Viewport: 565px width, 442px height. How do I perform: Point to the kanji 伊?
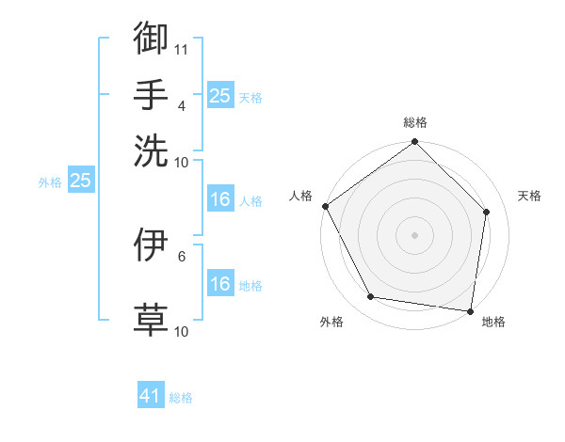point(151,245)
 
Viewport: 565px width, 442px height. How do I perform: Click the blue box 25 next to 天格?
point(219,96)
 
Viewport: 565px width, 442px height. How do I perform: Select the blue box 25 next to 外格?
point(80,181)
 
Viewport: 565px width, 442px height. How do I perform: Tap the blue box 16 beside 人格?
point(219,199)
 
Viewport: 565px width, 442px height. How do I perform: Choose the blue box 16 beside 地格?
point(219,284)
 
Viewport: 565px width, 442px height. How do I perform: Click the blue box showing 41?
point(151,397)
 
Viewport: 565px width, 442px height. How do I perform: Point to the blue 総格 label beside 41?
point(181,398)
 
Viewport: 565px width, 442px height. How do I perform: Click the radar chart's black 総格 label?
point(415,122)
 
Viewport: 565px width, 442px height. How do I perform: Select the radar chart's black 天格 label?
point(529,196)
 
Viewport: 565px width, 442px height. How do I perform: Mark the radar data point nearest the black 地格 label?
point(471,310)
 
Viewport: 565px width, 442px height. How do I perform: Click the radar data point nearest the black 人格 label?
point(325,206)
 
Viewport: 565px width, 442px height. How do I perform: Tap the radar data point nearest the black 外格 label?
point(371,297)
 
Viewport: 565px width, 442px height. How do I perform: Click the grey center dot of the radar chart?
point(415,234)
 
